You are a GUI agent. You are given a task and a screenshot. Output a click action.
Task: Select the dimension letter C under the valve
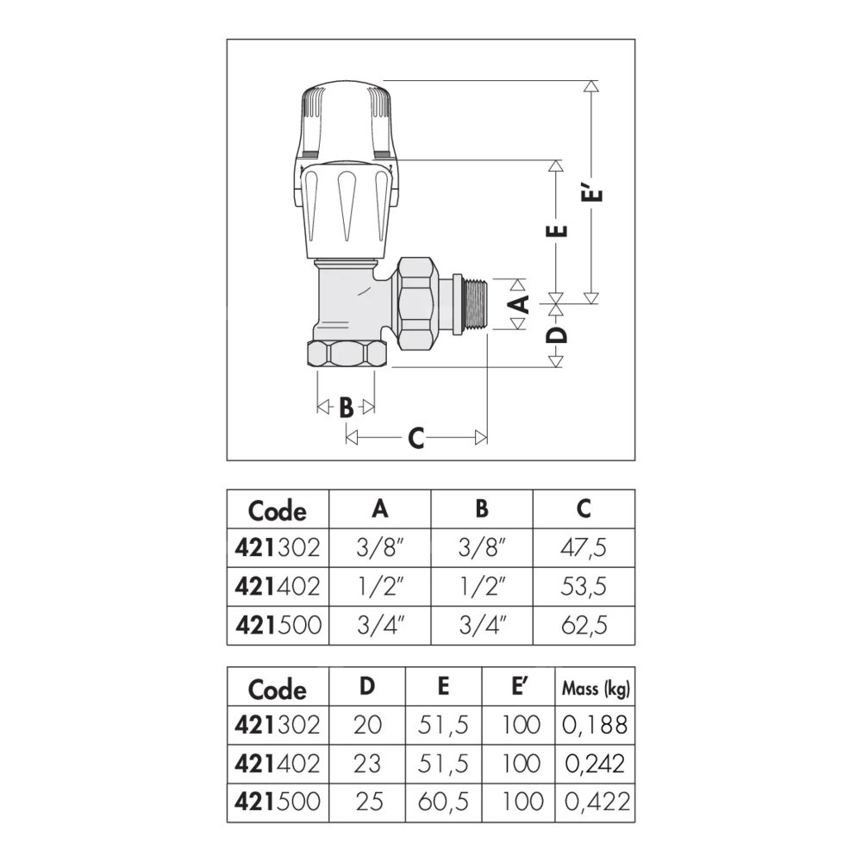(x=416, y=438)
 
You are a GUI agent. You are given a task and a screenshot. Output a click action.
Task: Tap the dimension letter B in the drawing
(x=346, y=408)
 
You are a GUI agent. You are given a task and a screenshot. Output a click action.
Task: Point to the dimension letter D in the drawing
(x=556, y=334)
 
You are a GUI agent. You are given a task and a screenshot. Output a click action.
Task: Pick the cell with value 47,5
(x=584, y=547)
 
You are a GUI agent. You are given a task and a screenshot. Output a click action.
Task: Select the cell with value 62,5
(x=584, y=625)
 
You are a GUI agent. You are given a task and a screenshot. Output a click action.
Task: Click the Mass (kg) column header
(x=596, y=688)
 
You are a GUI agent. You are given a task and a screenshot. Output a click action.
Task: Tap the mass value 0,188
(x=595, y=725)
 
